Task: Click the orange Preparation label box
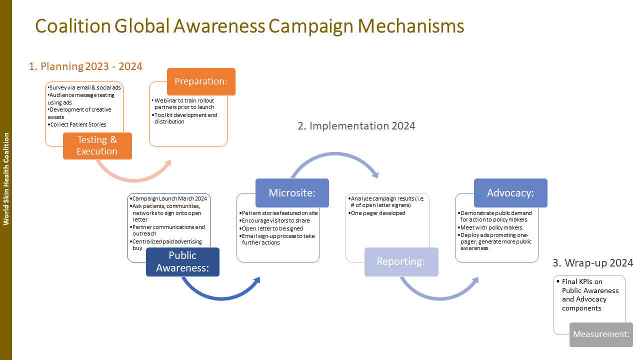(201, 81)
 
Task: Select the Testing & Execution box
(97, 146)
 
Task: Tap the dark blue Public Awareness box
(182, 262)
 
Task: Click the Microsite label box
(292, 193)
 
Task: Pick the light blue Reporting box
(401, 262)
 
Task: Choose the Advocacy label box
(510, 193)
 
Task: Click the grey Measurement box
(601, 334)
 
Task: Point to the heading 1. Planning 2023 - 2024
(85, 66)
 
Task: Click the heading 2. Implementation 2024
(356, 125)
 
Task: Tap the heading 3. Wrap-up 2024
(593, 262)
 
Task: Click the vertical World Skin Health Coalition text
(6, 179)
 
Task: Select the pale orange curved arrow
(132, 174)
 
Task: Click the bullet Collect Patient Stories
(78, 124)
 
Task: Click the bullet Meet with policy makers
(491, 227)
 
